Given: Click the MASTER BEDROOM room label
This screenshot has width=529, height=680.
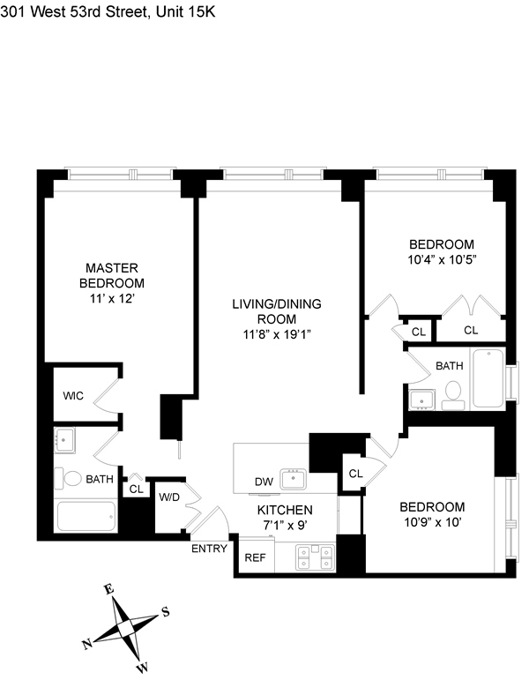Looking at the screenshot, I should [112, 275].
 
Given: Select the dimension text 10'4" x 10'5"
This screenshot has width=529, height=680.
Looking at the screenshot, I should [441, 260].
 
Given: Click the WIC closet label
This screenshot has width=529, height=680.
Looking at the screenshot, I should [73, 396].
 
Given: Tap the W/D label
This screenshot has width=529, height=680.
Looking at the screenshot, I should [169, 497].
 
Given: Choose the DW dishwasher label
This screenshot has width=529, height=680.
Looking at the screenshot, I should [263, 482].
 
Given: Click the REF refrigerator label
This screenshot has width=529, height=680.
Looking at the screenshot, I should [255, 557].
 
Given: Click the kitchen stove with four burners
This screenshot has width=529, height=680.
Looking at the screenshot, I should [316, 557].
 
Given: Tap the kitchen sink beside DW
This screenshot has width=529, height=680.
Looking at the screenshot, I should [294, 480].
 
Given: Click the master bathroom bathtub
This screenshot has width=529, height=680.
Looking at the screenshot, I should [86, 517].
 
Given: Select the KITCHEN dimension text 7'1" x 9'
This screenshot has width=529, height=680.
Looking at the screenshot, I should [285, 526].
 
